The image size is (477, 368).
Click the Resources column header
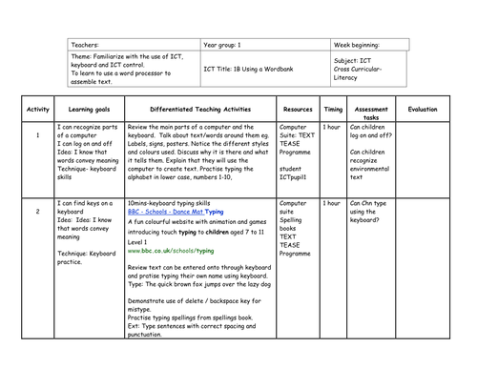[298, 110]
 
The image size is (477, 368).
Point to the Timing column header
[332, 110]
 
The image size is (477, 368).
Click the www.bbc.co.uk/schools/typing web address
[169, 250]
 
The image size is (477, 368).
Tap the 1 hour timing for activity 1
[331, 127]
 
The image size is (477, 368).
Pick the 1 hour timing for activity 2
[331, 203]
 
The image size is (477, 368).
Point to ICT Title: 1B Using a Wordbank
[250, 69]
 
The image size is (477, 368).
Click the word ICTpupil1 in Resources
[297, 178]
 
